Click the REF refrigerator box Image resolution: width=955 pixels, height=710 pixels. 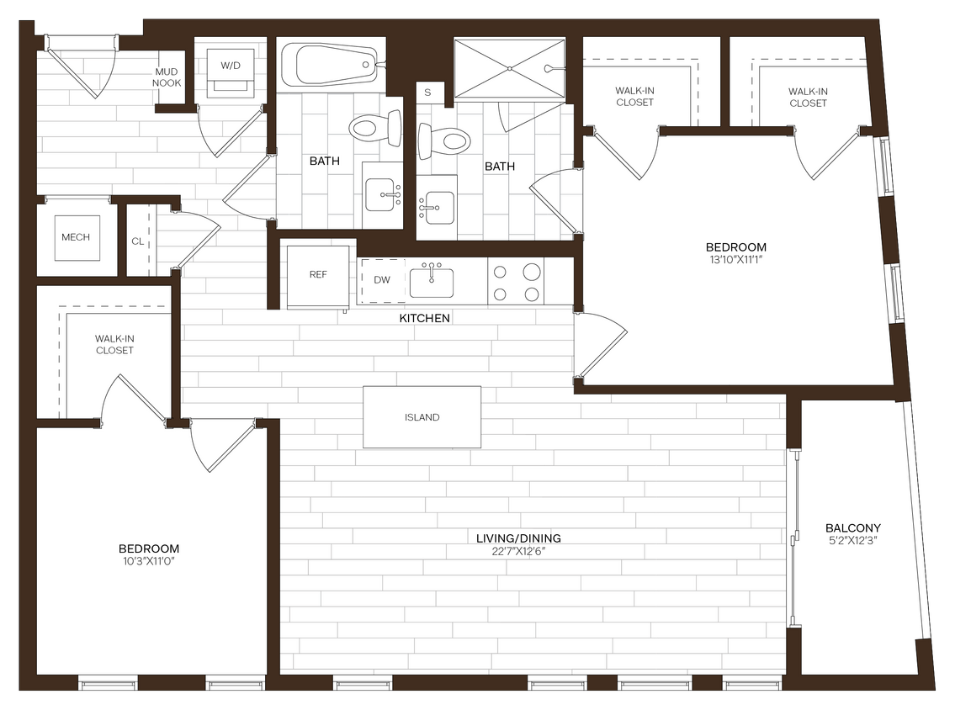(x=318, y=276)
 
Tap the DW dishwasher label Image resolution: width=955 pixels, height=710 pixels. (x=382, y=279)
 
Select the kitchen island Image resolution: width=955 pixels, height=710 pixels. (x=422, y=417)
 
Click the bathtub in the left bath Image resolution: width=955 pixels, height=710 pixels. (x=329, y=64)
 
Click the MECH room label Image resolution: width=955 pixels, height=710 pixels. (x=76, y=237)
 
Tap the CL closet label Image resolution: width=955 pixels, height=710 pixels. (x=138, y=241)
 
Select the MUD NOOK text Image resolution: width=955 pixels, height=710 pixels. (x=166, y=77)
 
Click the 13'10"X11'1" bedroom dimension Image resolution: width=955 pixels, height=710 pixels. (x=735, y=260)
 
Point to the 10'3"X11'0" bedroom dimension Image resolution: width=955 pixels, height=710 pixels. (x=149, y=560)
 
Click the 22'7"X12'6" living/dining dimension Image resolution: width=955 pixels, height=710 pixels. (x=518, y=552)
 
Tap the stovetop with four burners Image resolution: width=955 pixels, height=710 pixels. (x=516, y=283)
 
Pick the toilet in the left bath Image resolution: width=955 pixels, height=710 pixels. (x=369, y=129)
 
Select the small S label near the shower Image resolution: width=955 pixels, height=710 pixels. (x=428, y=92)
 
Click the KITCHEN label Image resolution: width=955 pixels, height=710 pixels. (x=424, y=318)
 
